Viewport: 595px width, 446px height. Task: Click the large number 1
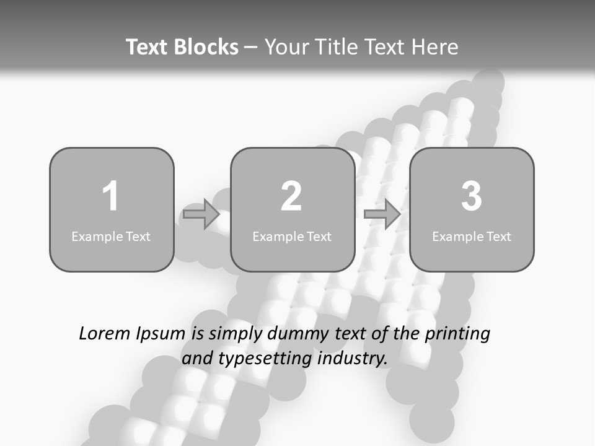(x=110, y=196)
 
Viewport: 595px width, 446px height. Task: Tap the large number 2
(x=291, y=196)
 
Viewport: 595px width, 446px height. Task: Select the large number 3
(x=472, y=196)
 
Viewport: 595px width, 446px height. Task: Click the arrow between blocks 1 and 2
(x=201, y=214)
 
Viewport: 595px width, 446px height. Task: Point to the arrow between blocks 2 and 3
(x=382, y=214)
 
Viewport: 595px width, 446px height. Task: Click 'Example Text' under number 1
(x=111, y=236)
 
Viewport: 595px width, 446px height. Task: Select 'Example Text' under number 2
(x=292, y=236)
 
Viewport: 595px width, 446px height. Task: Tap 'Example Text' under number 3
(x=472, y=236)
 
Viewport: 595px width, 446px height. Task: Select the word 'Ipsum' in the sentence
(x=160, y=334)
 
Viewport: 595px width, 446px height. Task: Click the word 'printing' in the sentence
(x=457, y=334)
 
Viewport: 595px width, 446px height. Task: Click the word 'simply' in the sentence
(x=236, y=334)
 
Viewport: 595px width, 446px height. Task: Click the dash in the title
(x=251, y=48)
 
